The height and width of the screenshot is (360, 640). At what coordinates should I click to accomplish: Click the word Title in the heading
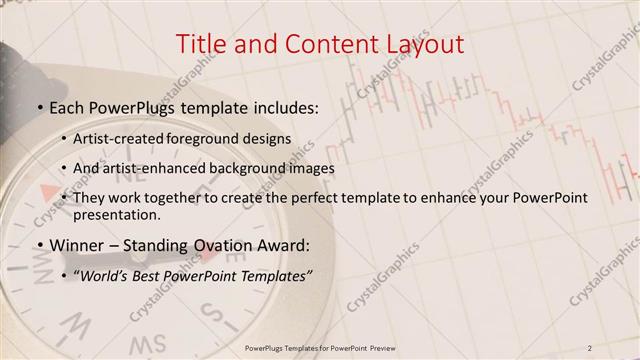(200, 44)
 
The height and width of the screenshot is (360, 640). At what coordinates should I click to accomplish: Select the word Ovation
(213, 245)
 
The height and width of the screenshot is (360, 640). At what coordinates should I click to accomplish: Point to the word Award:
(279, 245)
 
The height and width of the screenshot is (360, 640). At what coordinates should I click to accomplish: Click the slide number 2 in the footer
(591, 347)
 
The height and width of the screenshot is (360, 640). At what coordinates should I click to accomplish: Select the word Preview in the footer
(380, 347)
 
